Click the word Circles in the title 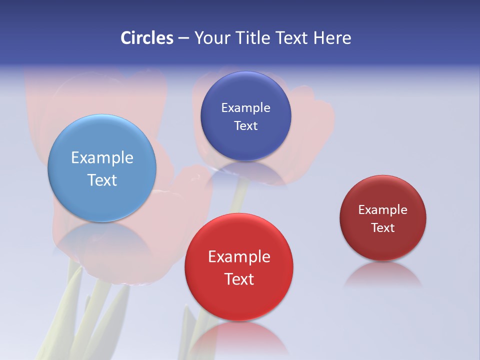(147, 38)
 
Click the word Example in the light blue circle (102, 157)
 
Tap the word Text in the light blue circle (102, 180)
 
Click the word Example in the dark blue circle (245, 107)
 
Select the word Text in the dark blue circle (245, 125)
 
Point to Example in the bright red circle (239, 256)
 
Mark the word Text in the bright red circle (239, 279)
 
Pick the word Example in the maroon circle (383, 209)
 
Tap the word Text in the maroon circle (383, 227)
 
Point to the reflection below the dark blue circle (245, 172)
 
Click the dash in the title (183, 38)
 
